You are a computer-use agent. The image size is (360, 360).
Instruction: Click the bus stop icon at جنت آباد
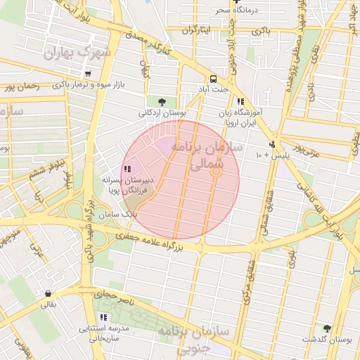click(x=212, y=78)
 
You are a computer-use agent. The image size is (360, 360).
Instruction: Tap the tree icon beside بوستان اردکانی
click(x=162, y=101)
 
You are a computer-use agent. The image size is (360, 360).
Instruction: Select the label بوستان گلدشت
click(x=328, y=339)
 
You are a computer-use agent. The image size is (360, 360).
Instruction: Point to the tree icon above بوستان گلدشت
click(x=326, y=328)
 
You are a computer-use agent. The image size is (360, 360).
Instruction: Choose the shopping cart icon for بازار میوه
click(x=87, y=74)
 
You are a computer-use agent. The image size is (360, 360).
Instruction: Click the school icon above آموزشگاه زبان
click(x=240, y=101)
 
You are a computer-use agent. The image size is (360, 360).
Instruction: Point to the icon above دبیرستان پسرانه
click(x=126, y=169)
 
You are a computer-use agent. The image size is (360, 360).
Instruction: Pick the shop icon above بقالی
click(x=48, y=293)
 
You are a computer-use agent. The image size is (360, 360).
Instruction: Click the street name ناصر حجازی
click(x=109, y=291)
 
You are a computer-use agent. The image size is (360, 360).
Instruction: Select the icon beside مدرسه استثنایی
click(x=104, y=317)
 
